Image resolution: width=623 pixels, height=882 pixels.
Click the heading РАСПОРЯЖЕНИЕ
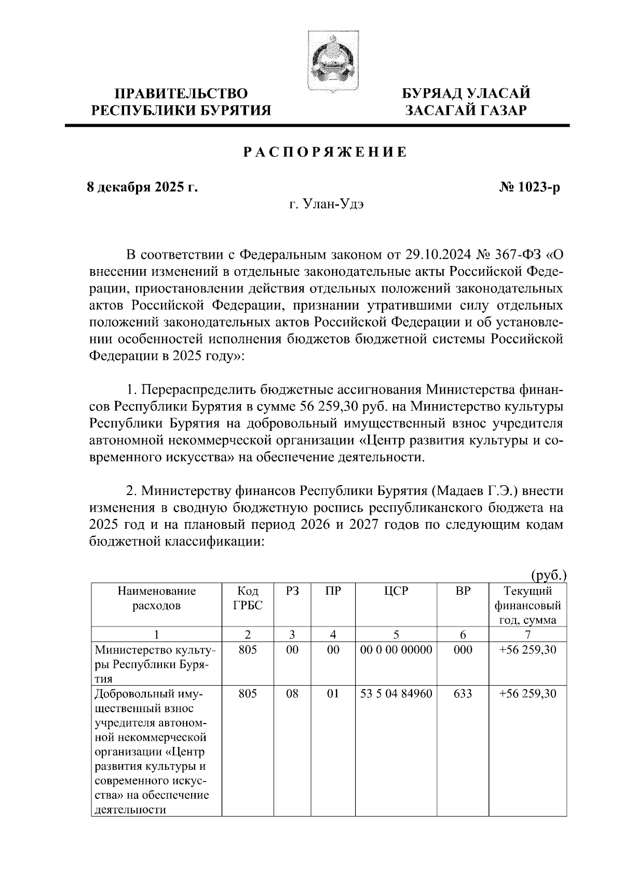click(x=326, y=152)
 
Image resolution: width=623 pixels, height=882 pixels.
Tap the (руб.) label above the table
click(x=548, y=575)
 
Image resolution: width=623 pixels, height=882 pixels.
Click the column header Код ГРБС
click(x=248, y=598)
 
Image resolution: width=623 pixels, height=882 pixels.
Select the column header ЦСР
click(x=396, y=591)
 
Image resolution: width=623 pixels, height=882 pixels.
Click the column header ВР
click(x=463, y=591)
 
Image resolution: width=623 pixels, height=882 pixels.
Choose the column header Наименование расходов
click(x=156, y=598)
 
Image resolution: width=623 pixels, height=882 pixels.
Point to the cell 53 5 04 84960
click(x=396, y=693)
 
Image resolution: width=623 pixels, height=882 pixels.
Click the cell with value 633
click(x=463, y=693)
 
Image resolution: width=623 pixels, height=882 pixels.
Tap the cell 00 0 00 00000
click(x=396, y=650)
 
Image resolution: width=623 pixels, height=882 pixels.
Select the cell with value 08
click(x=292, y=693)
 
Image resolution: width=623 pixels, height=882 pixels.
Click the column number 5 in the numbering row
click(x=396, y=634)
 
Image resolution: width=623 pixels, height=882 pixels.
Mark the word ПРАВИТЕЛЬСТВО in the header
click(x=181, y=93)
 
